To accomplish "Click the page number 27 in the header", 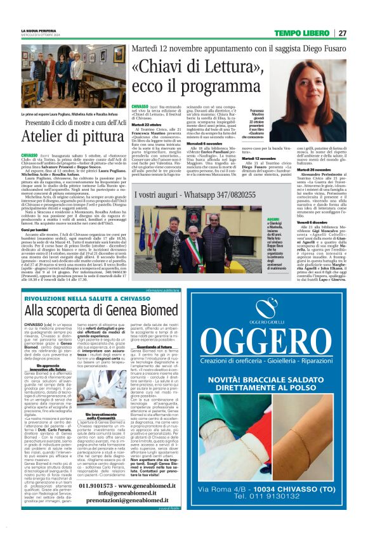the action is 343,33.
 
